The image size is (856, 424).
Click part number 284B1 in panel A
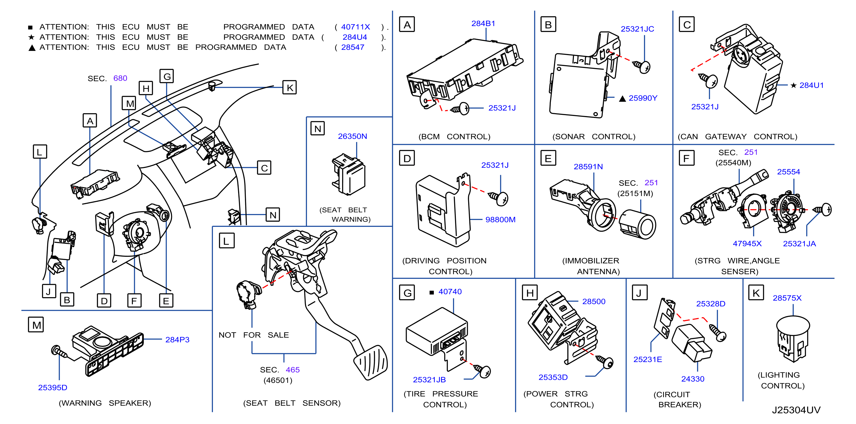(483, 24)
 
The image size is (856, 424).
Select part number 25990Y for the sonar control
(643, 98)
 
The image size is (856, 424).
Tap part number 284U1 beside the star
(811, 85)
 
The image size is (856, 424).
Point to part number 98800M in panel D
(500, 220)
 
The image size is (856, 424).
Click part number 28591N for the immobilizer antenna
(588, 167)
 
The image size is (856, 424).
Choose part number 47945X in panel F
(747, 243)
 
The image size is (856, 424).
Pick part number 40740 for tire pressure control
(450, 292)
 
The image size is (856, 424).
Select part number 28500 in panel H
(594, 301)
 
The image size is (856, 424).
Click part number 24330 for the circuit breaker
(693, 379)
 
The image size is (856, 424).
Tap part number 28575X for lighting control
(787, 298)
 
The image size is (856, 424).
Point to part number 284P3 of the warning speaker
(177, 340)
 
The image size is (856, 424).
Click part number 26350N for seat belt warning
(353, 136)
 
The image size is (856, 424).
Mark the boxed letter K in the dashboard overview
(290, 88)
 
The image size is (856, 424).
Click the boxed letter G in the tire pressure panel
(407, 293)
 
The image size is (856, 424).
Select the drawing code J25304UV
(796, 410)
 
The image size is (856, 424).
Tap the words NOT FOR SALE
(254, 335)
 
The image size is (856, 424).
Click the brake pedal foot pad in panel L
(370, 363)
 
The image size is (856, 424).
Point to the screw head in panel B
(645, 67)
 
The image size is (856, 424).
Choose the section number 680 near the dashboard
(120, 78)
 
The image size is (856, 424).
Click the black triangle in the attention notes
(32, 48)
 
